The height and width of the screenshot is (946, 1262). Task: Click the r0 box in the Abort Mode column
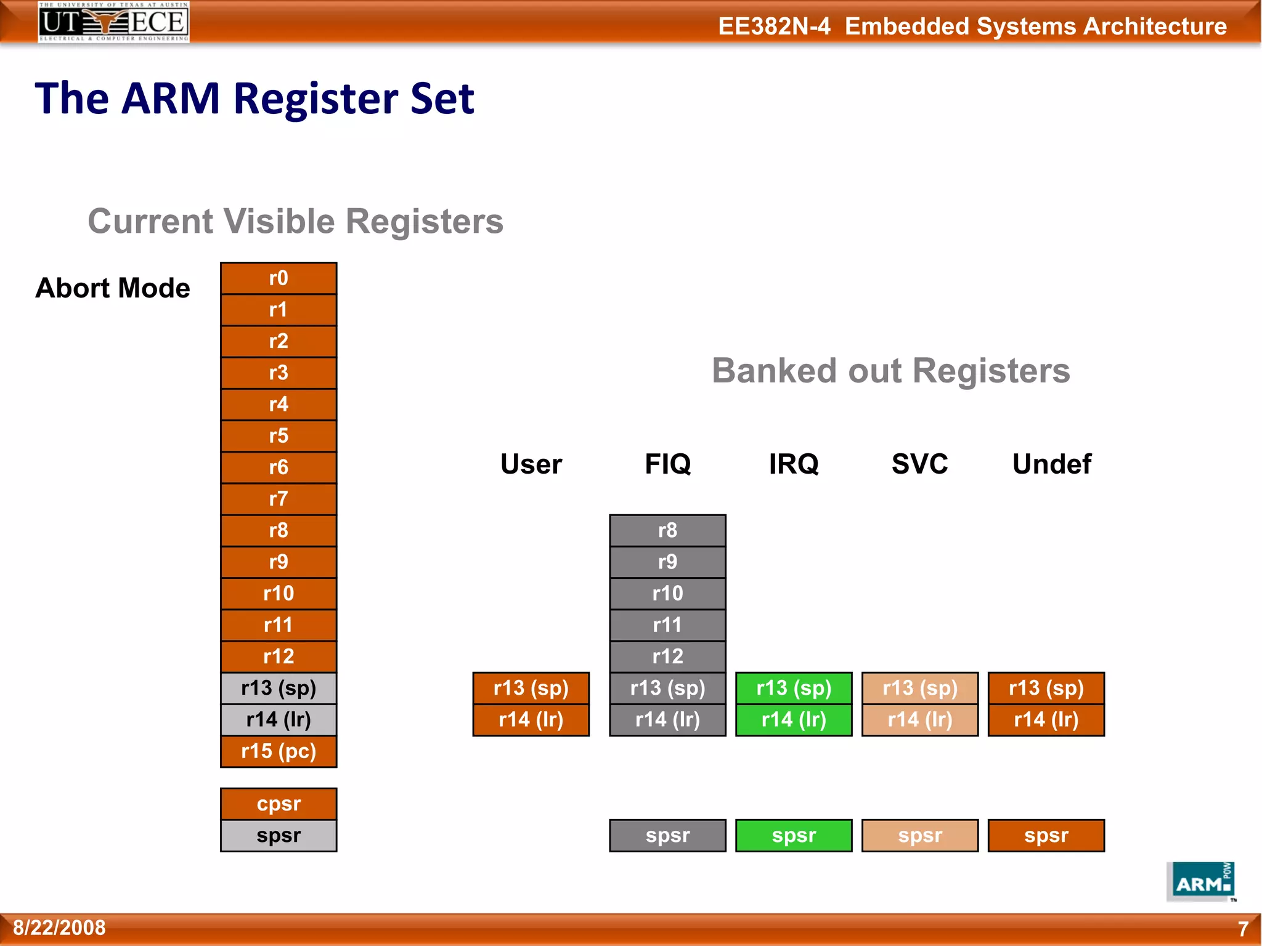(x=279, y=278)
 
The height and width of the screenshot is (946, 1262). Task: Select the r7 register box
(x=279, y=499)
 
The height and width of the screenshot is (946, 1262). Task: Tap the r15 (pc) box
(x=279, y=751)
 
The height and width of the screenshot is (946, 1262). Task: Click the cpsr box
(x=279, y=804)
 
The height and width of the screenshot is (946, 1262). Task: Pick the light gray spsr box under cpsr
(x=279, y=836)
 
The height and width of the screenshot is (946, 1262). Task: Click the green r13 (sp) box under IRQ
(x=794, y=688)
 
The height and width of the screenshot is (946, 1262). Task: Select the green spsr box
(x=794, y=836)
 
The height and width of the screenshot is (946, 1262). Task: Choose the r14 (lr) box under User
(x=531, y=720)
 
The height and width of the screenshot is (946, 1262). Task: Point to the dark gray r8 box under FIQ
(x=667, y=530)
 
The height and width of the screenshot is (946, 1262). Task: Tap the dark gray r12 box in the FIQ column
(x=667, y=657)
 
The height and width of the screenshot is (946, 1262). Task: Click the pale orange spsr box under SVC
(x=920, y=836)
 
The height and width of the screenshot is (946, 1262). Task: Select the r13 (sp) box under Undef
(x=1046, y=688)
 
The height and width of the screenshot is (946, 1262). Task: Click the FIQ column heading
(x=667, y=464)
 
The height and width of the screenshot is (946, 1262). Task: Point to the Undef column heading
(x=1051, y=464)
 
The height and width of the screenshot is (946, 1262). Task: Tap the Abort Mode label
(x=113, y=288)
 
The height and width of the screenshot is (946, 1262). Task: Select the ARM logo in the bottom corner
(x=1200, y=882)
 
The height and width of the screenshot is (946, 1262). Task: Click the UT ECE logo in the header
(x=113, y=22)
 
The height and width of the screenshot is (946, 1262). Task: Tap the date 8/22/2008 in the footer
(x=59, y=928)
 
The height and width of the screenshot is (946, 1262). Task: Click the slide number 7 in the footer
(x=1243, y=928)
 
